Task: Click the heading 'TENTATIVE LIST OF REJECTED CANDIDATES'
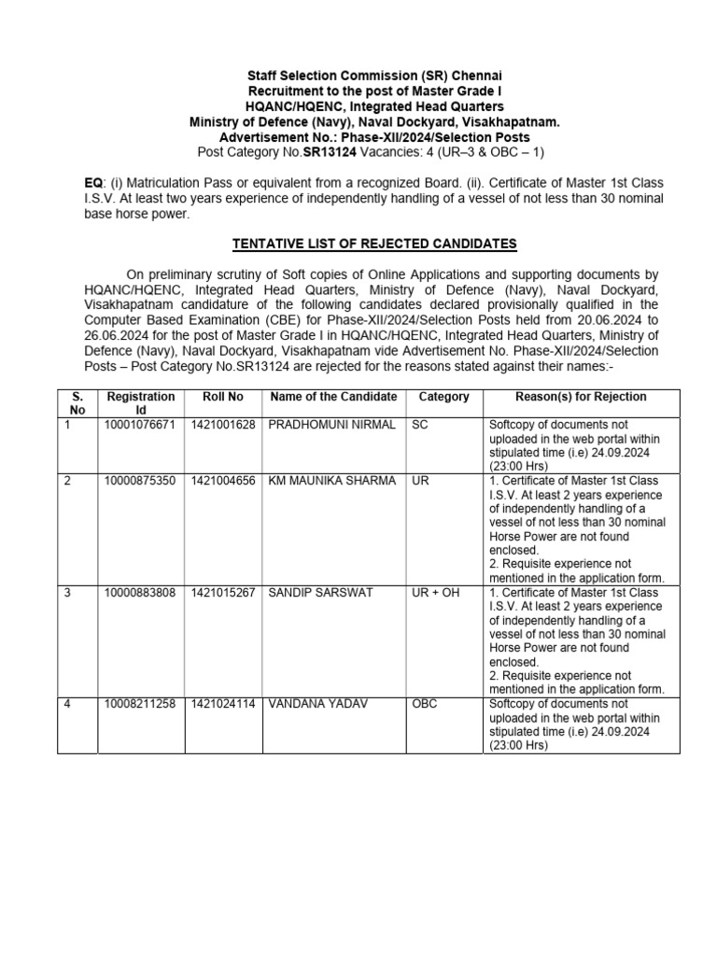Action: click(373, 245)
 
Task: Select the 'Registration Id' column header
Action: click(141, 403)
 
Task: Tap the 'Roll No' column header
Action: click(223, 397)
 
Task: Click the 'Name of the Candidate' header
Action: click(333, 397)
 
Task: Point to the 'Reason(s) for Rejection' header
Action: click(568, 397)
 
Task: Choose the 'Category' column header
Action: click(444, 397)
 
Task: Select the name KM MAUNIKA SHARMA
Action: click(331, 481)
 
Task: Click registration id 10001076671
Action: click(139, 425)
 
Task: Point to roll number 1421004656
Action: click(223, 481)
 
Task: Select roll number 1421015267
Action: click(223, 592)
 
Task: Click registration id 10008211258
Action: click(139, 704)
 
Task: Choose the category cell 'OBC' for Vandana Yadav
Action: click(425, 704)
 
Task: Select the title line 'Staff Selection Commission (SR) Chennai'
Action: click(373, 75)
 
